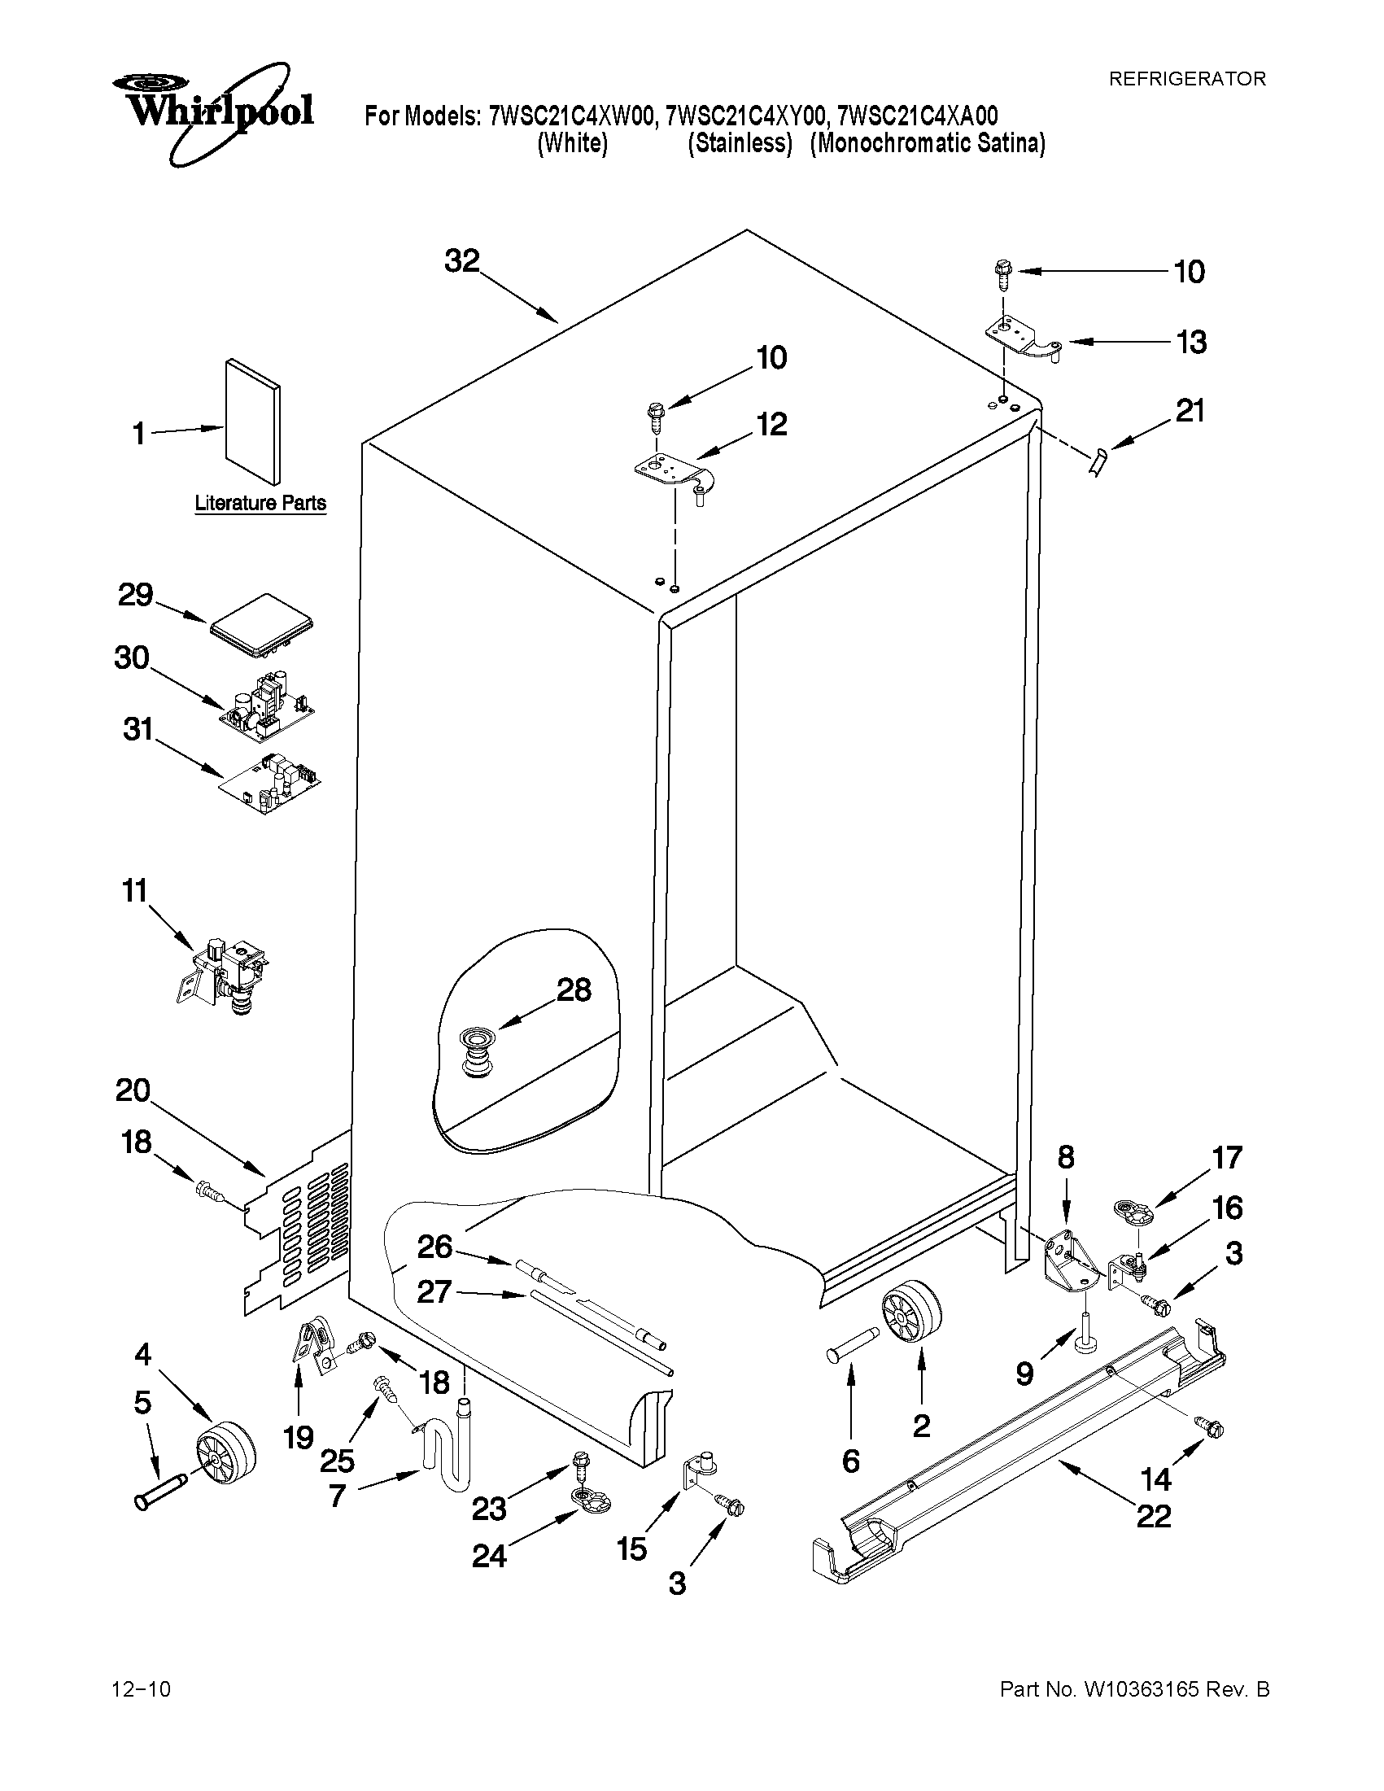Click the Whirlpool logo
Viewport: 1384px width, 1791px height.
click(212, 111)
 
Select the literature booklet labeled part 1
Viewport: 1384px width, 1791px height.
click(252, 421)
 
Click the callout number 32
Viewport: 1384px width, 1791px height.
click(461, 260)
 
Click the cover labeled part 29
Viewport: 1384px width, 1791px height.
click(262, 627)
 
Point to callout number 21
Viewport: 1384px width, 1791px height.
click(1190, 410)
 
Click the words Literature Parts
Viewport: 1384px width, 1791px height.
click(260, 503)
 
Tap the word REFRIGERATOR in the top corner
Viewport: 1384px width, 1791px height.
click(1186, 79)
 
